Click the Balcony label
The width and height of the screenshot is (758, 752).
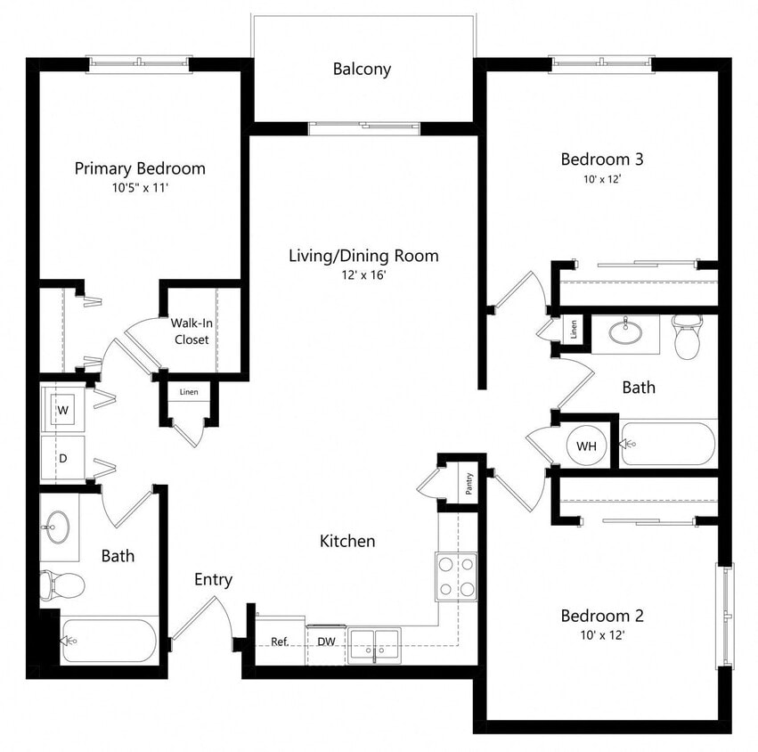click(362, 69)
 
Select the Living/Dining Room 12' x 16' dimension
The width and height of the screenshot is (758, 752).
click(363, 276)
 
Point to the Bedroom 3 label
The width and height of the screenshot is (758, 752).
click(601, 159)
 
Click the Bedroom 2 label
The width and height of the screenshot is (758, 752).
click(601, 616)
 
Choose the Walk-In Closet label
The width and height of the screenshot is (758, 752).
click(192, 331)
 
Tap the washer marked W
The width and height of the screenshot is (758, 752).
click(63, 411)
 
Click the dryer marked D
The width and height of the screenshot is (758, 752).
click(63, 458)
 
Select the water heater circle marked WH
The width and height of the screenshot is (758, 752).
click(585, 445)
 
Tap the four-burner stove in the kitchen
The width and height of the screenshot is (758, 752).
click(455, 576)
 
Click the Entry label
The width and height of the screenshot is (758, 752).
click(214, 580)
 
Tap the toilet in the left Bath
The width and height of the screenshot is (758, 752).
click(62, 585)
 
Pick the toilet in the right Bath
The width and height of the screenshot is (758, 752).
click(687, 336)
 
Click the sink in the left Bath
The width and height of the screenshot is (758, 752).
click(59, 526)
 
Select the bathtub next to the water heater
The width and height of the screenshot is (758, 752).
click(668, 444)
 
